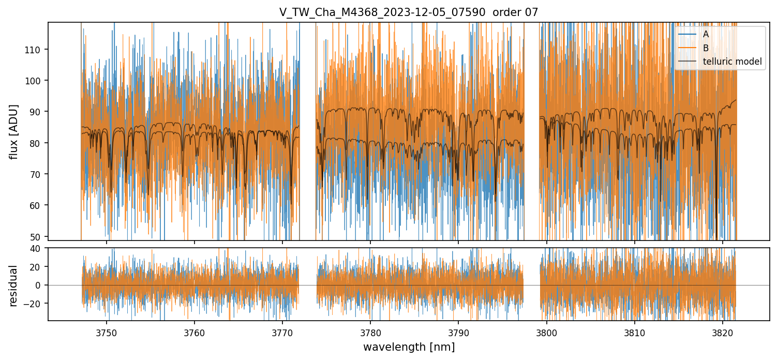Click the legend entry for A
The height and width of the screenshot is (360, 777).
point(705,34)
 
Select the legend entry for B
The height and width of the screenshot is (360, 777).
point(705,48)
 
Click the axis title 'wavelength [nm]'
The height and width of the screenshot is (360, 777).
point(409,347)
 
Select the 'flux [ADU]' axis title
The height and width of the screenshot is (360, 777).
point(14,132)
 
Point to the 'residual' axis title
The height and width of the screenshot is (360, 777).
point(14,286)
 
